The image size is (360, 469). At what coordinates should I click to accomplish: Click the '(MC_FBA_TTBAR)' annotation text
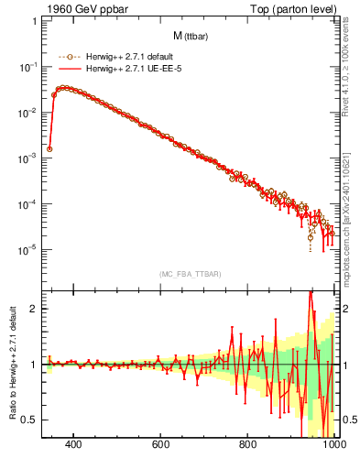coord(190,274)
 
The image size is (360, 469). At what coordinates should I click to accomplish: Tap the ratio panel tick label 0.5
coord(30,420)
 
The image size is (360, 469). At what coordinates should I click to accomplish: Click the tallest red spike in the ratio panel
coord(311,292)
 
